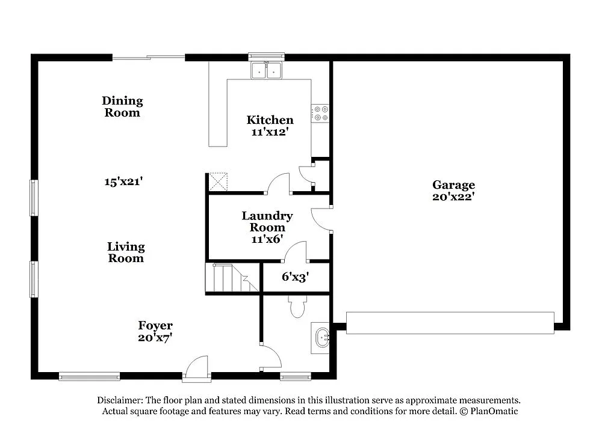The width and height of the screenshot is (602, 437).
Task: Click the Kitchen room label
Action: pyautogui.click(x=270, y=120)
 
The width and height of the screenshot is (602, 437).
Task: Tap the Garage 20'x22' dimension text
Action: pyautogui.click(x=453, y=197)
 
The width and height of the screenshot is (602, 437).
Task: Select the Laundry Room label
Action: pyautogui.click(x=267, y=221)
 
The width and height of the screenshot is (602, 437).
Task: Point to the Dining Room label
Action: pyautogui.click(x=122, y=106)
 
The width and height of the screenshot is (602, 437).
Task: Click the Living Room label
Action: pyautogui.click(x=126, y=252)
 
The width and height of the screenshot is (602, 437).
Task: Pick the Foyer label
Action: pyautogui.click(x=155, y=325)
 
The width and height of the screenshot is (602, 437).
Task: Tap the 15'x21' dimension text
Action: pyautogui.click(x=123, y=182)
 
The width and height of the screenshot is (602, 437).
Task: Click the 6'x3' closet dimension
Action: pyautogui.click(x=295, y=277)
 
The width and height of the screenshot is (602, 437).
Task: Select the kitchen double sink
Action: pyautogui.click(x=267, y=70)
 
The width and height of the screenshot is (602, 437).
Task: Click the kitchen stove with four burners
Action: pyautogui.click(x=320, y=114)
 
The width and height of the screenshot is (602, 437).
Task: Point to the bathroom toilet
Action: pyautogui.click(x=297, y=307)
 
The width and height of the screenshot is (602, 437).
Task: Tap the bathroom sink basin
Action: pyautogui.click(x=321, y=338)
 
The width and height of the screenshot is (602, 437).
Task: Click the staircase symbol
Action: pyautogui.click(x=232, y=278)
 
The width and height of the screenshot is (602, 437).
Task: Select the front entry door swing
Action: pyautogui.click(x=197, y=368)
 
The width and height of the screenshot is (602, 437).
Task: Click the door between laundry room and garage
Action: pyautogui.click(x=321, y=219)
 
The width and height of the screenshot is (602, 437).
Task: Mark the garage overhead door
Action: pyautogui.click(x=450, y=323)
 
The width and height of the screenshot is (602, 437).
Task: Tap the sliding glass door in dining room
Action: pyautogui.click(x=149, y=58)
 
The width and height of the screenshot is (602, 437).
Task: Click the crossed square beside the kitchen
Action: pyautogui.click(x=218, y=182)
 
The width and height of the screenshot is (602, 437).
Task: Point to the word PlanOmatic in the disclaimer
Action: pyautogui.click(x=494, y=411)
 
